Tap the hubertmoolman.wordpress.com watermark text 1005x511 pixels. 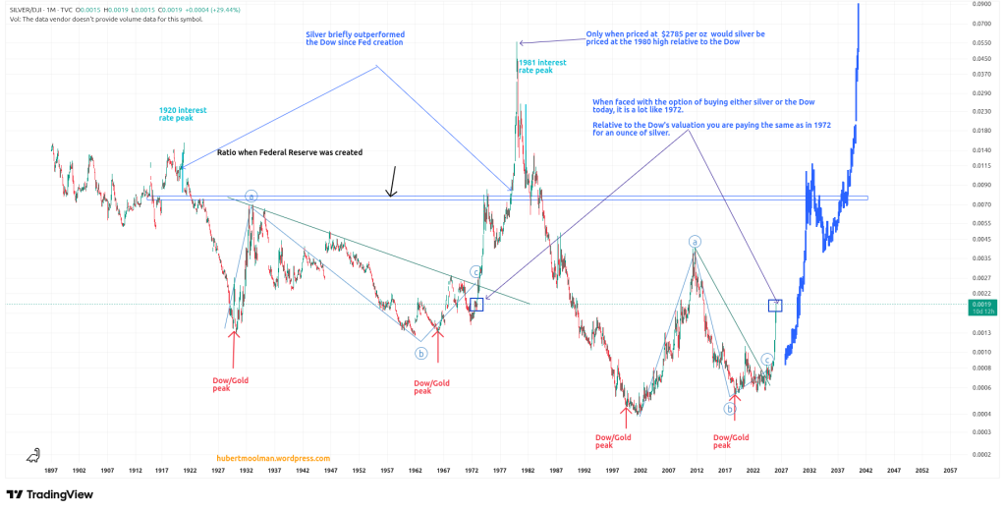273,458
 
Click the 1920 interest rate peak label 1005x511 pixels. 183,114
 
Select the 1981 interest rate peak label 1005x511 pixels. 541,67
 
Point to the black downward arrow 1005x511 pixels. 392,182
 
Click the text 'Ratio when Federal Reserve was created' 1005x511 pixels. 290,153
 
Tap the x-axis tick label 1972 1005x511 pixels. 473,471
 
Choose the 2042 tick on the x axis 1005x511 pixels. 866,471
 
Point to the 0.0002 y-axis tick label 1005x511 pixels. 980,454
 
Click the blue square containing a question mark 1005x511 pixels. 774,306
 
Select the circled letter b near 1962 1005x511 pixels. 420,353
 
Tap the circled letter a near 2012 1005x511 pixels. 695,242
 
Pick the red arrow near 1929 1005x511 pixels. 233,349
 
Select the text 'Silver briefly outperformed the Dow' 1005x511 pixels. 355,38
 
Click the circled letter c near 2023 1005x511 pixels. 766,360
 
